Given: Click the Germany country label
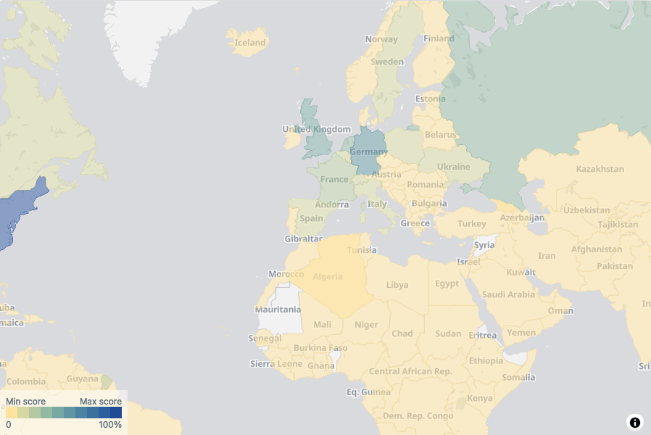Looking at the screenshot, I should pyautogui.click(x=368, y=152).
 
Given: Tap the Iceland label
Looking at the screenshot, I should pyautogui.click(x=250, y=43).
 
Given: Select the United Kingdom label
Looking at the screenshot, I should pyautogui.click(x=316, y=130).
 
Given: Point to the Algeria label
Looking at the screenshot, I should pyautogui.click(x=327, y=277).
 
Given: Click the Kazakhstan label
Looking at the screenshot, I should pyautogui.click(x=600, y=169).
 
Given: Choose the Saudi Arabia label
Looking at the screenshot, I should pyautogui.click(x=508, y=294).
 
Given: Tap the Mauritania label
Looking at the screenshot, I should pyautogui.click(x=278, y=310).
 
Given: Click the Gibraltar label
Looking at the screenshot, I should pyautogui.click(x=303, y=239).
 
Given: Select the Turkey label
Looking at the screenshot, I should pyautogui.click(x=471, y=223).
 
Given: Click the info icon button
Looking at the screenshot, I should pyautogui.click(x=635, y=422).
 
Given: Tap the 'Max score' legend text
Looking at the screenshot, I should pyautogui.click(x=100, y=402).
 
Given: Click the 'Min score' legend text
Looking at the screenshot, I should pyautogui.click(x=26, y=402).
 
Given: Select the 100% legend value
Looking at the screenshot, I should pyautogui.click(x=110, y=425).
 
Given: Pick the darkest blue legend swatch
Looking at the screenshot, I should pyautogui.click(x=116, y=413).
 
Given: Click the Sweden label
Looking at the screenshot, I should pyautogui.click(x=387, y=62).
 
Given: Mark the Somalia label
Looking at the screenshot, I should pyautogui.click(x=518, y=377).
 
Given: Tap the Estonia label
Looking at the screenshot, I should pyautogui.click(x=430, y=99).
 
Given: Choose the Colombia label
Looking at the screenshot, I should pyautogui.click(x=26, y=381).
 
